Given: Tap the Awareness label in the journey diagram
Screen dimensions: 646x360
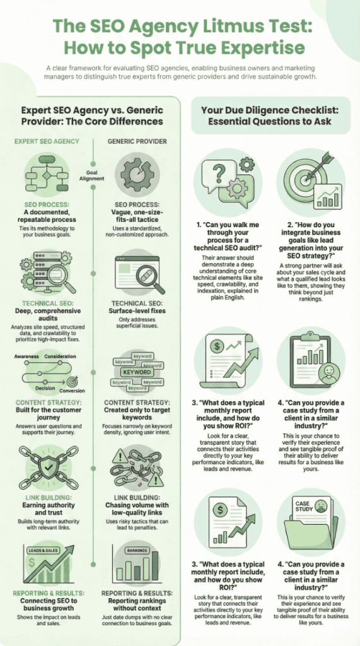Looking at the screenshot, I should pos(28,357).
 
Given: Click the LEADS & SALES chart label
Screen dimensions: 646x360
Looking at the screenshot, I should pos(44,551).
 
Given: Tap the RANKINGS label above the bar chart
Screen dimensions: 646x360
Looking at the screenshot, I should pos(138,551).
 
